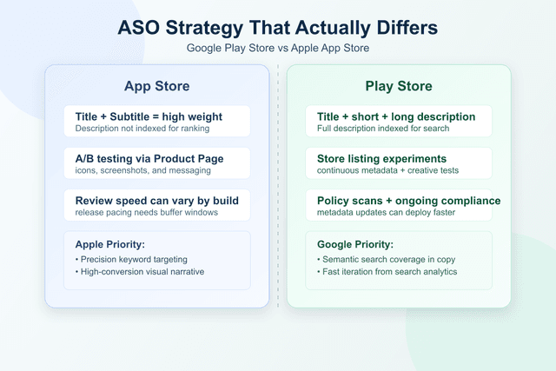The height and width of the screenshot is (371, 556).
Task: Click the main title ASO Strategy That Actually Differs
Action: click(x=278, y=27)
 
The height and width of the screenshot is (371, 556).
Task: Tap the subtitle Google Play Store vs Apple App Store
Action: click(x=278, y=48)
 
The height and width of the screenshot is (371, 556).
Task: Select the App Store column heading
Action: click(x=156, y=86)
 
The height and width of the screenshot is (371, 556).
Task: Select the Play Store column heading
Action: click(x=399, y=86)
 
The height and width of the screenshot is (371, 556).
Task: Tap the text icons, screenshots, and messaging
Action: click(x=137, y=171)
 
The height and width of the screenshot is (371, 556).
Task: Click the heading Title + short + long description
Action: click(x=396, y=117)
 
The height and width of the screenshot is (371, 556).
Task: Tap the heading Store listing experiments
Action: click(x=382, y=159)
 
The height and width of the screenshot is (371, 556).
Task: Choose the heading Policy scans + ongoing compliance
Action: click(x=408, y=201)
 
